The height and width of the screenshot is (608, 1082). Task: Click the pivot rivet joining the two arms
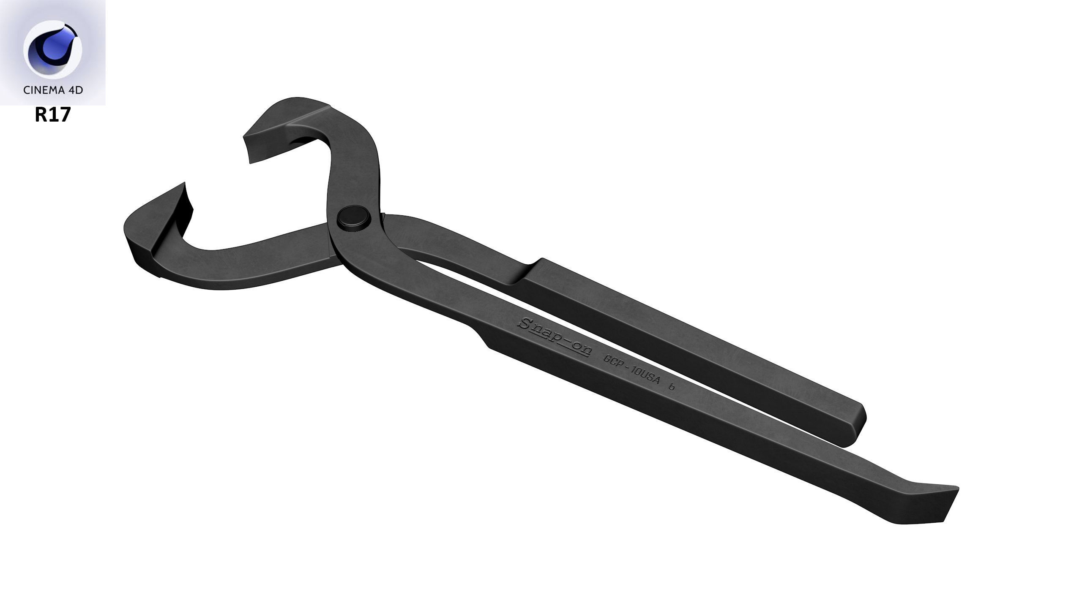pyautogui.click(x=354, y=219)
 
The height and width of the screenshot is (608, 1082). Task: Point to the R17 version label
pyautogui.click(x=52, y=115)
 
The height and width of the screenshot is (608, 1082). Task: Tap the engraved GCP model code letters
pyautogui.click(x=612, y=362)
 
